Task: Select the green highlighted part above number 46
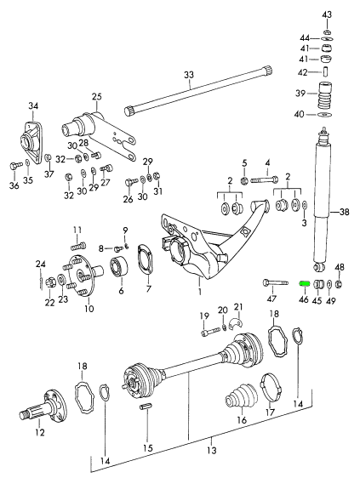coord(304,285)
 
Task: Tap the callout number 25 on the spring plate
coord(96,96)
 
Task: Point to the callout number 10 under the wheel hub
coord(89,309)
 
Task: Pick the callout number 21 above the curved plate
coord(239,306)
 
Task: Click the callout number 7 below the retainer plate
coord(149,289)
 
